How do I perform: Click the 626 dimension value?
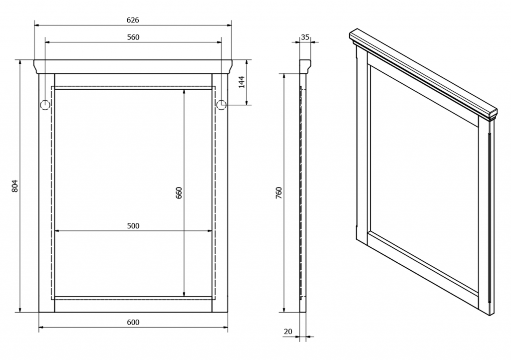(x=133, y=20)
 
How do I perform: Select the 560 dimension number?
(x=133, y=37)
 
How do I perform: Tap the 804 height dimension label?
(x=15, y=186)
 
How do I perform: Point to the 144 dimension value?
(x=242, y=82)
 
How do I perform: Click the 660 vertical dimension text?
(x=179, y=192)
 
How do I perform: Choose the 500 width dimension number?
(x=133, y=226)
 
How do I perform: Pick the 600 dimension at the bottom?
(x=133, y=322)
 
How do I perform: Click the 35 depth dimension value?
(x=305, y=37)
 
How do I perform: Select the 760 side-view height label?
(x=278, y=192)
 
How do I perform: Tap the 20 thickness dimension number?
(x=288, y=332)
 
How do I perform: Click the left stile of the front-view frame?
(x=46, y=192)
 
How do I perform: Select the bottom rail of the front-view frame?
(x=133, y=304)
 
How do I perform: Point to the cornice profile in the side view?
(x=305, y=67)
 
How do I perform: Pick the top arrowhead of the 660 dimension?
(x=184, y=92)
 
